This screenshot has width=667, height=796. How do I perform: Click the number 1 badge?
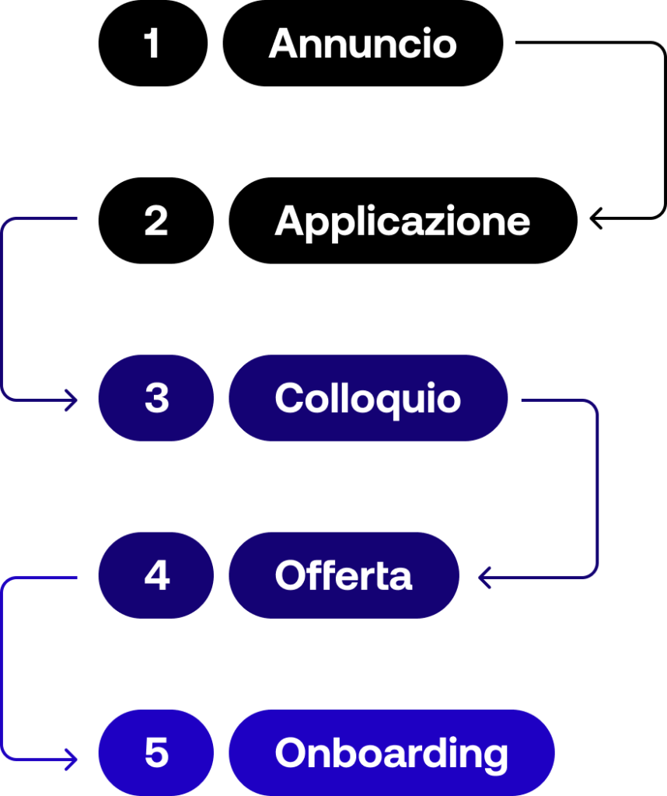[153, 44]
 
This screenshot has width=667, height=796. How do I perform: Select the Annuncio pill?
[363, 44]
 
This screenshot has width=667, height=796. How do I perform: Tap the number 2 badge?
[155, 220]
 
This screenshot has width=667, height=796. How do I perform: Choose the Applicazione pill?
[403, 220]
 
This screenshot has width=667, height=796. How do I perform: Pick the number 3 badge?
[155, 398]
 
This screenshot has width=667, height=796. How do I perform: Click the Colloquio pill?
[368, 398]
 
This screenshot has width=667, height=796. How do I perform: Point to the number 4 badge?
[155, 575]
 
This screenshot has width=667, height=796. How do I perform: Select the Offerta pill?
[344, 575]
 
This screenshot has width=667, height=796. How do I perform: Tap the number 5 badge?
[155, 752]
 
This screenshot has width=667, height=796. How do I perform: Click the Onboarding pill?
[391, 752]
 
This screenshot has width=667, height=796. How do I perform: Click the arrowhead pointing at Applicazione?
[595, 218]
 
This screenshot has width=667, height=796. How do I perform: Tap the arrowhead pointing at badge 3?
[72, 400]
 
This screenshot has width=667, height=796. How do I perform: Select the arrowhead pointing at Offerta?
[484, 578]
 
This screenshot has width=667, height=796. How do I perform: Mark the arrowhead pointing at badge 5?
[72, 759]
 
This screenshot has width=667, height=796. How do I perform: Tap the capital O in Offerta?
[292, 576]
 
